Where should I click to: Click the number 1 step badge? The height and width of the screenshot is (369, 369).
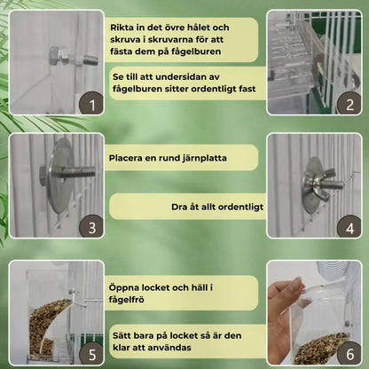click(x=92, y=105)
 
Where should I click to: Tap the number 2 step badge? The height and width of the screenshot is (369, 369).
click(x=349, y=104)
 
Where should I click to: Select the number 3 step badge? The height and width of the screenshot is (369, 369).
click(x=92, y=227)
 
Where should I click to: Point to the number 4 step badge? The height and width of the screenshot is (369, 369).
click(x=349, y=227)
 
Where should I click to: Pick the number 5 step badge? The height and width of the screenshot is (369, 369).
click(x=92, y=354)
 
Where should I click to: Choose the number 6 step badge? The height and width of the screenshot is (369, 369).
click(x=349, y=354)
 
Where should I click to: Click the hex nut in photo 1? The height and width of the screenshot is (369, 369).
click(x=60, y=57)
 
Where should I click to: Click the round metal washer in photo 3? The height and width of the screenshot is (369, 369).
click(x=60, y=176)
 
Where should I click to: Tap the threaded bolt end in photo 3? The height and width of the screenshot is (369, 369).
click(x=81, y=172)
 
